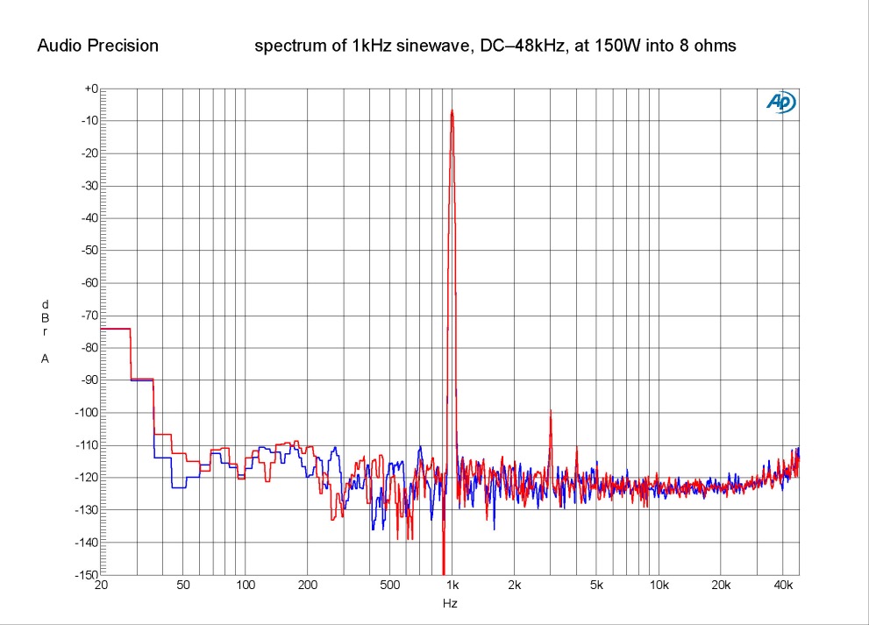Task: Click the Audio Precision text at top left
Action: pos(97,46)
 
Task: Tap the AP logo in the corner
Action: pos(780,103)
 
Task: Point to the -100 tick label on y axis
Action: pos(86,413)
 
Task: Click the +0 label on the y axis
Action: pos(89,89)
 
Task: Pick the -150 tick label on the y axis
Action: pos(86,575)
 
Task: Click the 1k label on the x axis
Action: pos(452,584)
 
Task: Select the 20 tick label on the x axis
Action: pos(100,584)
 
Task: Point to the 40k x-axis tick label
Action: pos(783,584)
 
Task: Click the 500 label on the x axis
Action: pos(390,584)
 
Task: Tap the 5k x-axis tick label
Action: pos(597,584)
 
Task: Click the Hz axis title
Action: pos(450,603)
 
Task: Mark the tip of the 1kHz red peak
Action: pos(452,110)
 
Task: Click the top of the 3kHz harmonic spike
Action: pos(551,410)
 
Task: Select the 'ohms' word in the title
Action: pos(716,46)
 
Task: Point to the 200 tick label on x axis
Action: pos(308,584)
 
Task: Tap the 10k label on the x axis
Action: pos(659,584)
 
